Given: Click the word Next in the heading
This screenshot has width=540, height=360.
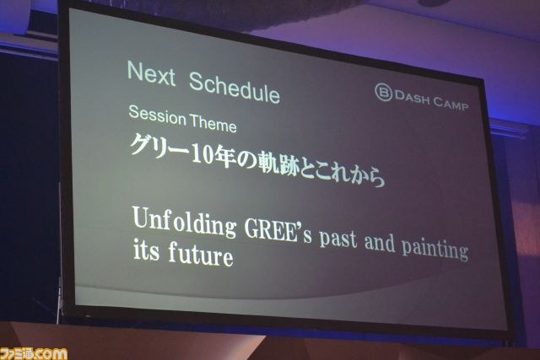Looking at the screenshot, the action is click(x=152, y=73).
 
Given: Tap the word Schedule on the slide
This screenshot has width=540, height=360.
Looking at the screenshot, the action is click(x=235, y=88).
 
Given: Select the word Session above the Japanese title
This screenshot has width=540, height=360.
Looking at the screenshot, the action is click(x=158, y=115).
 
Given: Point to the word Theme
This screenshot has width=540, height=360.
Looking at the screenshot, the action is click(x=213, y=123).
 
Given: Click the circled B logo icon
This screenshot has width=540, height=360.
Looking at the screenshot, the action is click(x=383, y=92).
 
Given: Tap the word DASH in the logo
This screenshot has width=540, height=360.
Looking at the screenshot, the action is click(x=413, y=98).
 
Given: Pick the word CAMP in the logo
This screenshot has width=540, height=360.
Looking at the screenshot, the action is click(x=451, y=103).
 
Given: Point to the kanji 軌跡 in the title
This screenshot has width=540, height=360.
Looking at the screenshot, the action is click(x=278, y=163).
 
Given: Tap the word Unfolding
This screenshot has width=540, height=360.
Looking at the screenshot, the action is click(x=184, y=222).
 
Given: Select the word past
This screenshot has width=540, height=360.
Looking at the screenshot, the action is click(x=337, y=239).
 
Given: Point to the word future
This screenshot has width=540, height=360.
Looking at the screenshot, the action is click(x=201, y=254).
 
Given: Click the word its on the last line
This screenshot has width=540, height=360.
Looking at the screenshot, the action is click(x=146, y=250).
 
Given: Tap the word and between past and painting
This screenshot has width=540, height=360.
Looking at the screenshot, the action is click(x=380, y=243).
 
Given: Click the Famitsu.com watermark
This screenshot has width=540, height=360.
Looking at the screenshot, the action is click(x=34, y=354).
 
